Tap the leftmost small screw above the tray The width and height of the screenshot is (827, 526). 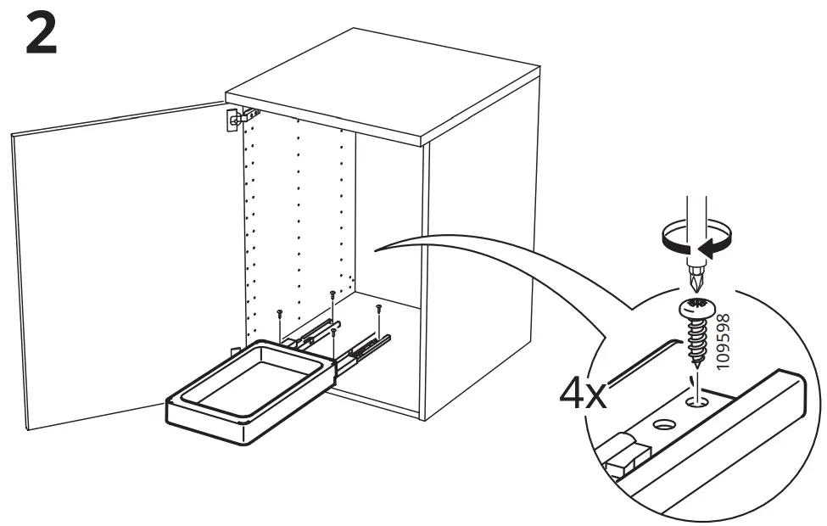tap(279, 316)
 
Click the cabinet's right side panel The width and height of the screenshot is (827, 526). tap(479, 271)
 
